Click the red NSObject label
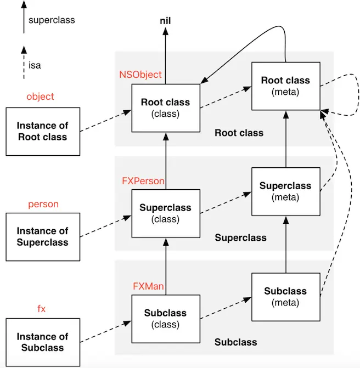[140, 75]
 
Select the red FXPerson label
[143, 181]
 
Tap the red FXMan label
[148, 286]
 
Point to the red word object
[40, 97]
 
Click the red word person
[43, 204]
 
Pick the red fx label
[42, 309]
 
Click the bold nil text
[165, 21]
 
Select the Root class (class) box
[166, 108]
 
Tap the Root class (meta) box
[286, 86]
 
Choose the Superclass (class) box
[166, 213]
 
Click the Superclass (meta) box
[286, 191]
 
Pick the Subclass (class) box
[166, 319]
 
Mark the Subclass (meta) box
[286, 297]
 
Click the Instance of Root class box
[43, 132]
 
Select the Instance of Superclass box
[43, 237]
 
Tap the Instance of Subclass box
[43, 342]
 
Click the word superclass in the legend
[52, 20]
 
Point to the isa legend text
[35, 65]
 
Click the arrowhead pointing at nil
[166, 31]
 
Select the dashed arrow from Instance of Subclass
[106, 332]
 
